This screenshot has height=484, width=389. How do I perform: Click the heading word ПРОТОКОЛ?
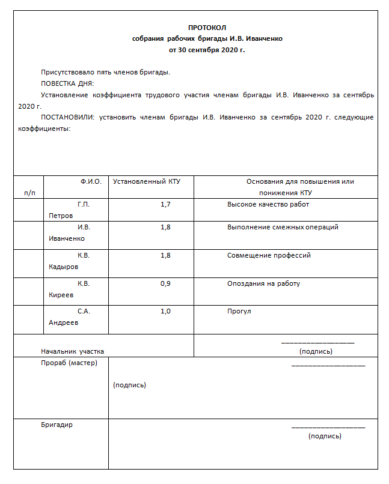tap(207, 28)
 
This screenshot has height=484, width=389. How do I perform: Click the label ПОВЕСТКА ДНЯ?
tap(67, 83)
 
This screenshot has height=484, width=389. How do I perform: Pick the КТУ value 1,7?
tap(165, 205)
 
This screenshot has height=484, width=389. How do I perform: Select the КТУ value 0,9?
tap(165, 283)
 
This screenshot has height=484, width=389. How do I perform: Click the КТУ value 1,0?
tap(165, 311)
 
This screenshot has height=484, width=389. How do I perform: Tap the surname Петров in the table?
tap(61, 216)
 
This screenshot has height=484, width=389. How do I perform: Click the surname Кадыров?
tap(64, 267)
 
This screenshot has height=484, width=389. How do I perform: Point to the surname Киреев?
tap(61, 295)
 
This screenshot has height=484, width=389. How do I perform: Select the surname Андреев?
tap(63, 322)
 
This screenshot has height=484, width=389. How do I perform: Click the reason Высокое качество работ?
tap(268, 205)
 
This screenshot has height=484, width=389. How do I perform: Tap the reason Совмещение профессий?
tap(269, 255)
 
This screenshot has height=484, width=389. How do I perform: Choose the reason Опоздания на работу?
tap(263, 283)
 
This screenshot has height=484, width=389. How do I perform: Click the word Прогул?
tap(239, 311)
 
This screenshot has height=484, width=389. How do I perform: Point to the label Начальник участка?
tap(73, 351)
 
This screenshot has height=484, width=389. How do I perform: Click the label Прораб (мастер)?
tap(69, 363)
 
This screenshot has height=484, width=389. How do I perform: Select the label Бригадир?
tap(57, 425)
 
